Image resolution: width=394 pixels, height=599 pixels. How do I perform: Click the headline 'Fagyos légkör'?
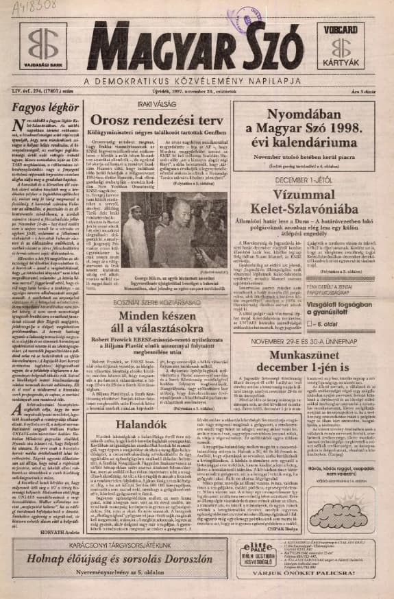click(40, 108)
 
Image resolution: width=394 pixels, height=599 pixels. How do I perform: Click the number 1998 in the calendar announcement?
click(349, 129)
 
